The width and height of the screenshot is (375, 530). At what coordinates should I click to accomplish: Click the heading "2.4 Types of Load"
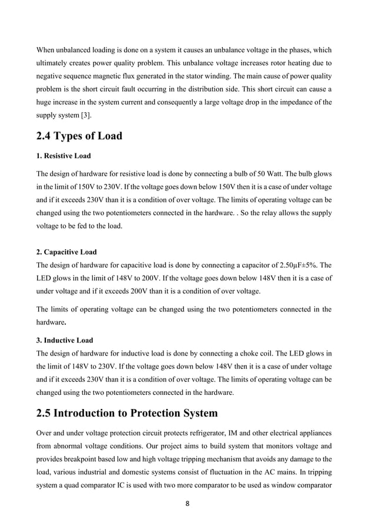(79, 136)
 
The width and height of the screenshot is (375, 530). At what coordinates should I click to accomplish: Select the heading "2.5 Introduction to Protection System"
(127, 412)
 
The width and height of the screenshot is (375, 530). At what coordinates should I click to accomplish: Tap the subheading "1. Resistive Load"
(63, 157)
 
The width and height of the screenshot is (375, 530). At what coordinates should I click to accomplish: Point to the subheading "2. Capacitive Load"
(66, 253)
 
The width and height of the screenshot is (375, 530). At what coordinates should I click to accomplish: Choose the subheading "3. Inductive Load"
(65, 340)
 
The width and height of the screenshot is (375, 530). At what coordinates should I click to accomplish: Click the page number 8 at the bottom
(187, 504)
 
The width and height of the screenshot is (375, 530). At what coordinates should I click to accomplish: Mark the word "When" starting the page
(46, 50)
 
